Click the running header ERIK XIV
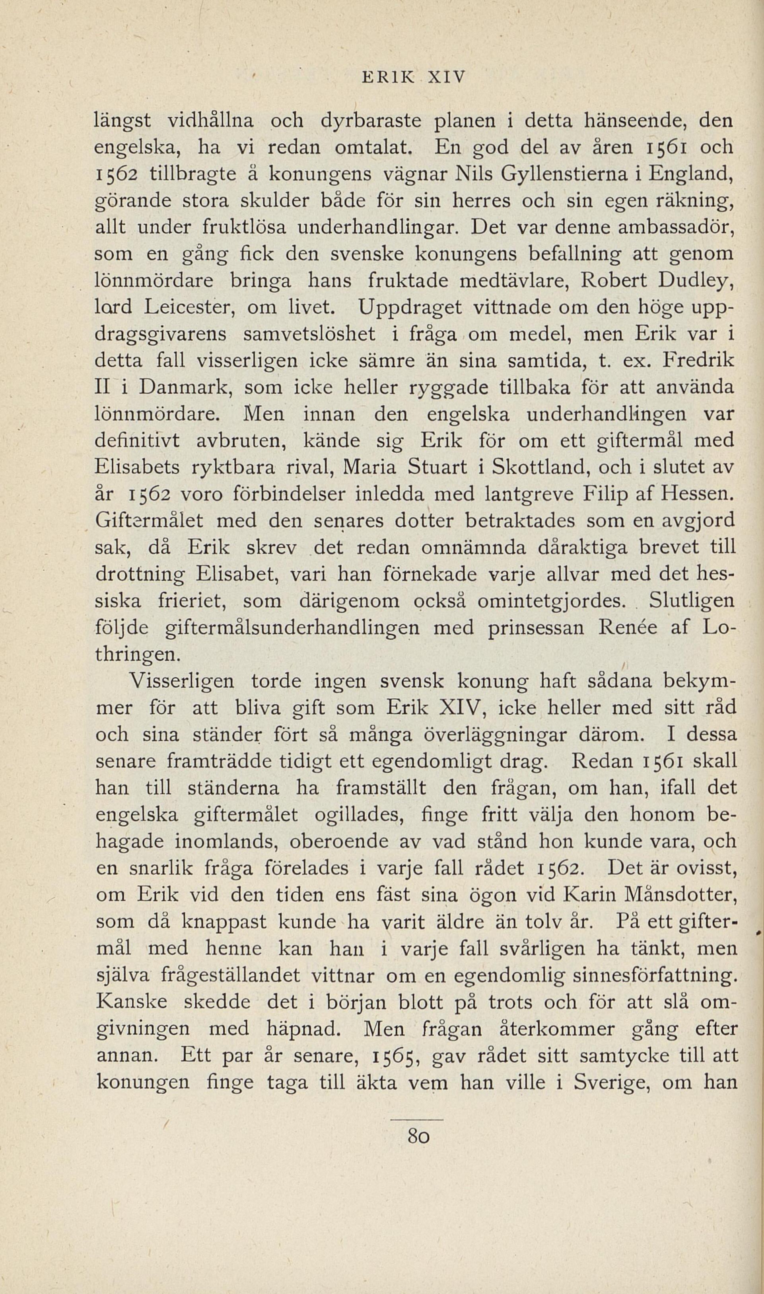413,77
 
